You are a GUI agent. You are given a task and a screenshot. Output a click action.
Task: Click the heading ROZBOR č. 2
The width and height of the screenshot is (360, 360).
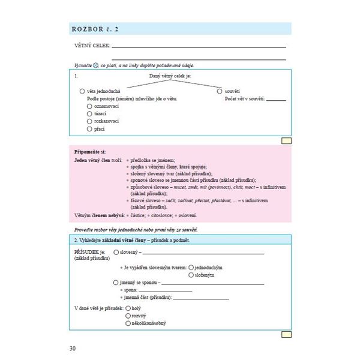point(95,28)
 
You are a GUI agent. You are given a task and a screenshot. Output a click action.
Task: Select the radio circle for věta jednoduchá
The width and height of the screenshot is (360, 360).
point(82,91)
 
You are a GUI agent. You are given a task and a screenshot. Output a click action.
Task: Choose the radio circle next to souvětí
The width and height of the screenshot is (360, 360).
point(220,91)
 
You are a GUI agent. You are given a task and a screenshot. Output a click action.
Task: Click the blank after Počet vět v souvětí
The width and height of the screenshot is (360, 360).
point(277,99)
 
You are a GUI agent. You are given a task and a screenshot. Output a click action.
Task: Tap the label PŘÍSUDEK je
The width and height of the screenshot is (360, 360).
point(89,253)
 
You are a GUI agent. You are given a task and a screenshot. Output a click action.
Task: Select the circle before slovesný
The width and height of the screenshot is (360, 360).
point(116,253)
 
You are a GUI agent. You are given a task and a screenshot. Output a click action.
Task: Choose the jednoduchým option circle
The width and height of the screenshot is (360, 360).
point(191,267)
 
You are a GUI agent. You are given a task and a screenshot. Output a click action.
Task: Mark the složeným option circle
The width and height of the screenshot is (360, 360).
point(191,275)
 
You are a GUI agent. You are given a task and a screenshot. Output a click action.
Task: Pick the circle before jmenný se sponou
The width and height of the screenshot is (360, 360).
point(116,282)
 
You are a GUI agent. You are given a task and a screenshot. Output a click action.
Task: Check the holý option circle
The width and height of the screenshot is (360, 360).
point(128,308)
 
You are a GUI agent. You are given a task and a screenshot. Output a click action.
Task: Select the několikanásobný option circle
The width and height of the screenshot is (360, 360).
point(128,323)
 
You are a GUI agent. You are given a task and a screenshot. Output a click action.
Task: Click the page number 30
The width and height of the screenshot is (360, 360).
point(73,347)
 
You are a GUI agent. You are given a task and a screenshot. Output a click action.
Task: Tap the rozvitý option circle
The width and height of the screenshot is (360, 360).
point(128,316)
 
